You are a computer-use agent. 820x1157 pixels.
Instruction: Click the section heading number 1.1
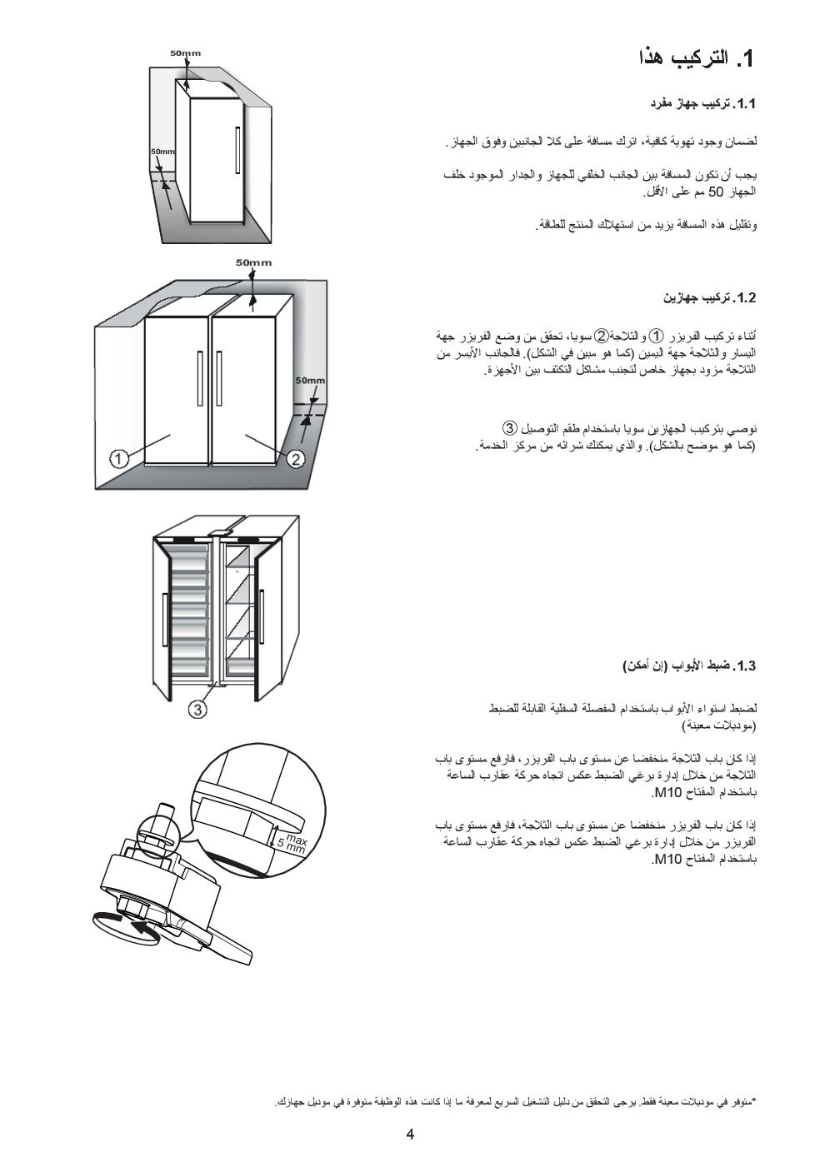pyautogui.click(x=744, y=105)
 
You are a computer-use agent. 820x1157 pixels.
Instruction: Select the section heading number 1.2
pyautogui.click(x=744, y=297)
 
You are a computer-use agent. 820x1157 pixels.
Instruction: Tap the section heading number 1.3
pyautogui.click(x=744, y=666)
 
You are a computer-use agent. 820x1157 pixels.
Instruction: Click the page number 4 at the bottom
pyautogui.click(x=410, y=1134)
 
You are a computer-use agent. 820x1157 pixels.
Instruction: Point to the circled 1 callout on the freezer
pyautogui.click(x=119, y=458)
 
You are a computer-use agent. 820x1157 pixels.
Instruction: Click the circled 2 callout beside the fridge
pyautogui.click(x=297, y=458)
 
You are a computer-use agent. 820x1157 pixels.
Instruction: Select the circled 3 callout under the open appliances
pyautogui.click(x=197, y=709)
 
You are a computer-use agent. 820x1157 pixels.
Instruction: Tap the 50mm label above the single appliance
pyautogui.click(x=185, y=53)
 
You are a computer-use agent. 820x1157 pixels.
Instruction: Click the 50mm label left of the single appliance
pyautogui.click(x=162, y=152)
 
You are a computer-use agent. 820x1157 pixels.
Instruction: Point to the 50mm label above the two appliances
pyautogui.click(x=253, y=262)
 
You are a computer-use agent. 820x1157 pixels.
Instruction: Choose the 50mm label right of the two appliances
pyautogui.click(x=310, y=381)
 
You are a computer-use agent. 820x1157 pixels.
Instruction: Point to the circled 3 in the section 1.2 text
pyautogui.click(x=510, y=428)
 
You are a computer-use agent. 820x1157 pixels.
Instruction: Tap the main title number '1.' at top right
pyautogui.click(x=743, y=59)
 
